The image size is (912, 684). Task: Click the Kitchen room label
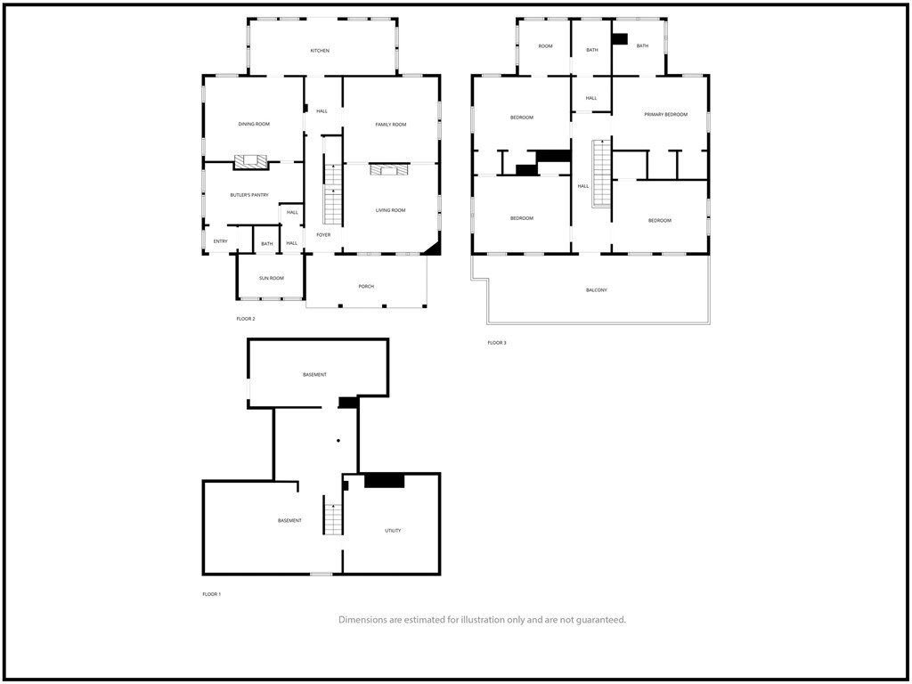tap(320, 51)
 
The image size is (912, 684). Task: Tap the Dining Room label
tap(254, 124)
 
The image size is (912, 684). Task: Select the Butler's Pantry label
tap(249, 194)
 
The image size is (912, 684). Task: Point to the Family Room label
tap(390, 124)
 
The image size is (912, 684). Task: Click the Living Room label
tap(390, 210)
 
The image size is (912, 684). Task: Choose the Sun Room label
tap(272, 278)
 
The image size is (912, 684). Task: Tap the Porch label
tap(366, 286)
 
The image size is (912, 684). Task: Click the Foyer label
tap(322, 235)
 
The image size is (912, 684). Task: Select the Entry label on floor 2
tap(220, 241)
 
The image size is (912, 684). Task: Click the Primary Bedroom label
tap(666, 114)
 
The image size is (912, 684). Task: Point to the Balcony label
tap(597, 289)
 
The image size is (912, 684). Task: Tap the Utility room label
tap(393, 530)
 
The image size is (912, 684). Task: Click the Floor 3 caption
tap(496, 343)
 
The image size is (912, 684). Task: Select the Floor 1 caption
tap(211, 594)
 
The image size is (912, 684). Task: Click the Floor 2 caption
tap(246, 318)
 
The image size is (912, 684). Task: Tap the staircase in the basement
tap(333, 518)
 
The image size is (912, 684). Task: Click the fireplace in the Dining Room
tap(250, 162)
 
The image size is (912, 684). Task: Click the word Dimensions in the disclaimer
tap(365, 620)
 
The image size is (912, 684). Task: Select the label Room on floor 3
tap(545, 45)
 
